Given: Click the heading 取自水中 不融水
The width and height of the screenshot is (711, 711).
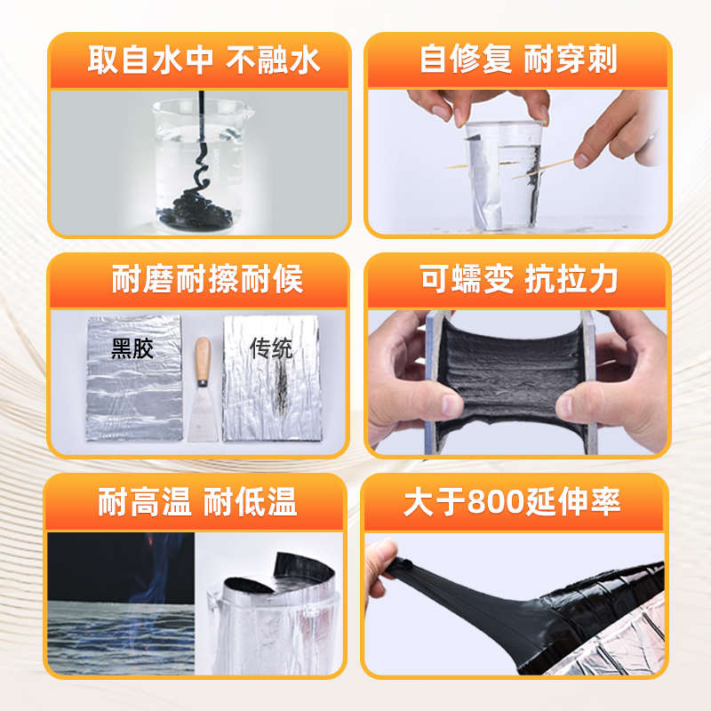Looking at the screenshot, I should pyautogui.click(x=204, y=60).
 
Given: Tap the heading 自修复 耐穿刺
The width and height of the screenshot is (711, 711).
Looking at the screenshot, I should pyautogui.click(x=518, y=60).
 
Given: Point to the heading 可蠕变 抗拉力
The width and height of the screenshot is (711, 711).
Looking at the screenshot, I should pyautogui.click(x=518, y=280).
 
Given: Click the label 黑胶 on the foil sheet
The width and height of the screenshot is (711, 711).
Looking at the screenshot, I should pyautogui.click(x=132, y=348).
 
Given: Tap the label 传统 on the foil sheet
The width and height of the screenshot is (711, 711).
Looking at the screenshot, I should pyautogui.click(x=270, y=348).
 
